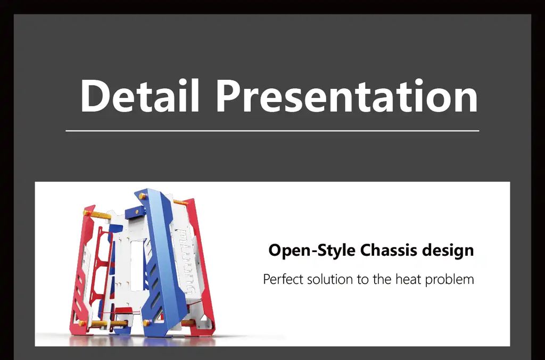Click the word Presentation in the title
347,96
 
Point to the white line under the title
272,131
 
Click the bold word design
448,250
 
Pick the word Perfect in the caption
283,279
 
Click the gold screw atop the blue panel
142,196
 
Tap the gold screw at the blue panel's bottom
146,323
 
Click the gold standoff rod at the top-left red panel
96,213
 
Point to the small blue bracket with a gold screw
135,212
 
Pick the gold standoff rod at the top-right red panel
181,202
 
